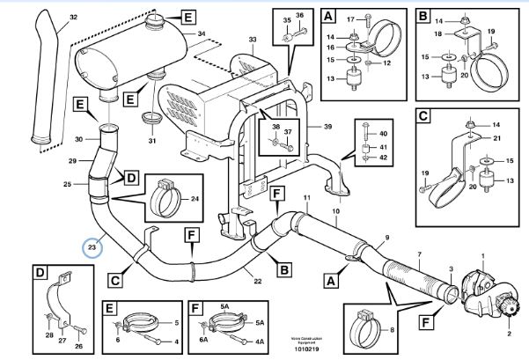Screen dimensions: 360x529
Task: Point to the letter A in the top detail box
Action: pos(329,16)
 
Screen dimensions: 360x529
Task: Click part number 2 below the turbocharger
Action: pos(509,334)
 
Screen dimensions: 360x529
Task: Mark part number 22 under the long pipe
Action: pos(257,281)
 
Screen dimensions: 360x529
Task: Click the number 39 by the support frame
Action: pos(328,127)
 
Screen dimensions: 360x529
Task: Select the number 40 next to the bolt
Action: pos(384,133)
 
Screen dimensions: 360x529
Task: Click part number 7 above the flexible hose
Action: pos(420,253)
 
